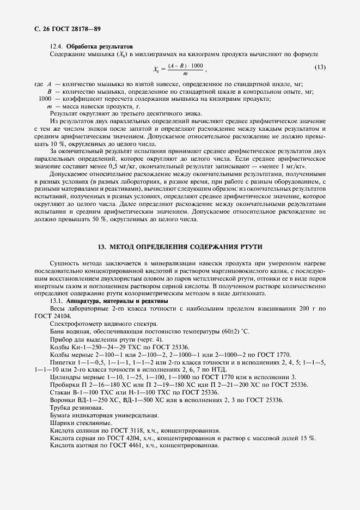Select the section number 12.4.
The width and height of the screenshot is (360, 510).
tap(56, 46)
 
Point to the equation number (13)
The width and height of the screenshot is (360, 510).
tap(320, 68)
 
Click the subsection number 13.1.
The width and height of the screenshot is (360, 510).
tap(56, 301)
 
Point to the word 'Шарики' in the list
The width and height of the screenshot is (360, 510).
tap(60, 422)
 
